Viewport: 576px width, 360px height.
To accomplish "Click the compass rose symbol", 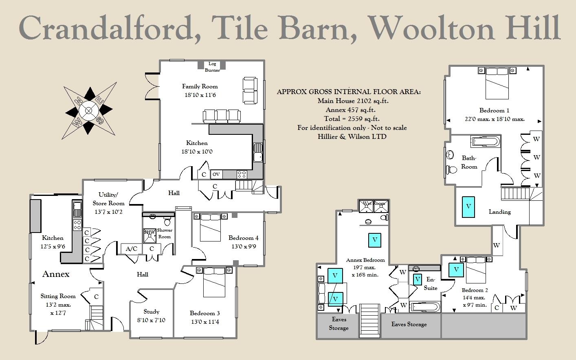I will (x=89, y=110).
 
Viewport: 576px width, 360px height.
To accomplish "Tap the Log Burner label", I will (x=212, y=67).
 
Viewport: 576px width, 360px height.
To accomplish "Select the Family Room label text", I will (x=200, y=86).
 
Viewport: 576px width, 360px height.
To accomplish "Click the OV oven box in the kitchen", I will (x=216, y=174).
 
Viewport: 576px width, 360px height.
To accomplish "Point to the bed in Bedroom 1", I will (x=497, y=83).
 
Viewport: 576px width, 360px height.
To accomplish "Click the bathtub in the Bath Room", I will (x=485, y=142).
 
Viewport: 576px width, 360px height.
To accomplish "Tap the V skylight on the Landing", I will (x=468, y=206).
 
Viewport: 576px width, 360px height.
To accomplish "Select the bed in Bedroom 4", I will (x=210, y=228).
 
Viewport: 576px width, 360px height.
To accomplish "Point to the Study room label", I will (x=151, y=312).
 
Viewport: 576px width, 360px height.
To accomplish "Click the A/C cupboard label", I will (x=131, y=249).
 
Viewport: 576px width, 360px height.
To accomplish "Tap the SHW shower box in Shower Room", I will (x=149, y=236).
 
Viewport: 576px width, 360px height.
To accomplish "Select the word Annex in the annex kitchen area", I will (x=56, y=274).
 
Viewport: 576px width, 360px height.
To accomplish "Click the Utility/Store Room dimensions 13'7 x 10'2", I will (x=108, y=212).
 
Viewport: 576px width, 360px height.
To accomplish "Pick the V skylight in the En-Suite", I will (x=417, y=280).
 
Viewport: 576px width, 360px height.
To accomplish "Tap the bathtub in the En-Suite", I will (x=425, y=307).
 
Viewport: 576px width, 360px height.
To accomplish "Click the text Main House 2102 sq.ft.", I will (x=353, y=101).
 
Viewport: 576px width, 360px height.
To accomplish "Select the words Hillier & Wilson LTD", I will (x=352, y=137).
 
